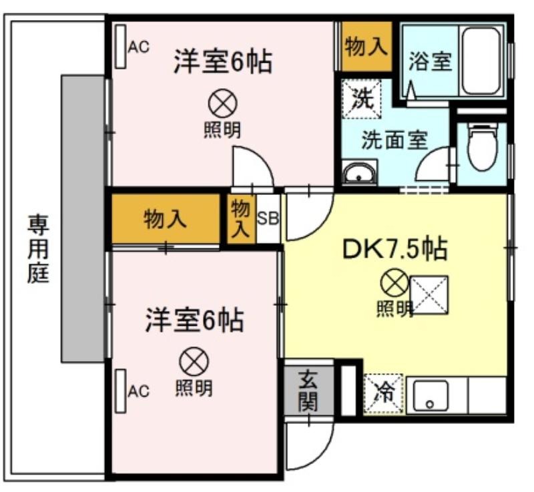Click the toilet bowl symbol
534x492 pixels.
(482, 148)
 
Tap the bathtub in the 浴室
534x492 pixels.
(481, 61)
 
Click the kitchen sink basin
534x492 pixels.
(430, 397)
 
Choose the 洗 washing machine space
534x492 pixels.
(362, 99)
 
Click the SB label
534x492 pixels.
(268, 219)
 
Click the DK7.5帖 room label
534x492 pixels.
(394, 250)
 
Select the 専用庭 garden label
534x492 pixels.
(38, 249)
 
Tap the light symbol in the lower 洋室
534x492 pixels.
(194, 362)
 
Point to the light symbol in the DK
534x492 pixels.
(394, 282)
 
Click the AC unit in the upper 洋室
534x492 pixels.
(121, 46)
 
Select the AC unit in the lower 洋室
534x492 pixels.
(121, 391)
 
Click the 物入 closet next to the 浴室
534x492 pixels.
(366, 47)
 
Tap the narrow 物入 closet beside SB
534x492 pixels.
(242, 219)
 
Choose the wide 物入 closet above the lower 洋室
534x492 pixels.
(166, 219)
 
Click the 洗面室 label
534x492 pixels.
(394, 140)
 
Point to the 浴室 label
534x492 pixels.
(430, 61)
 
